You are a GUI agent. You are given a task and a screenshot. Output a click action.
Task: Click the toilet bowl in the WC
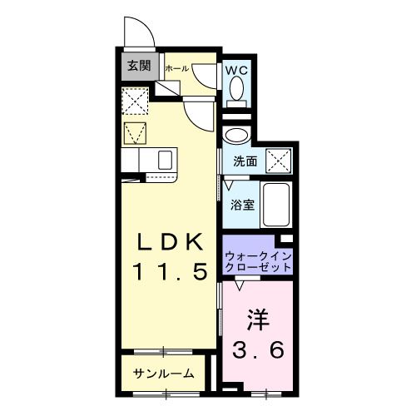pyautogui.click(x=238, y=88)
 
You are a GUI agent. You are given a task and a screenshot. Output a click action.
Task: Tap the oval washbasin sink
pyautogui.click(x=236, y=136)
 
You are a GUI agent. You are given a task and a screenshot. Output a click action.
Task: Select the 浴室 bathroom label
pyautogui.click(x=242, y=202)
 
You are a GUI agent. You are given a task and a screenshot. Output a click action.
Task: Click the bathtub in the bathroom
pyautogui.click(x=275, y=205)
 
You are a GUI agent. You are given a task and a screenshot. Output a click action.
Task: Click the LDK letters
pyautogui.click(x=171, y=241)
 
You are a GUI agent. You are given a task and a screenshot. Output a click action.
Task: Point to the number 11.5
pyautogui.click(x=171, y=272)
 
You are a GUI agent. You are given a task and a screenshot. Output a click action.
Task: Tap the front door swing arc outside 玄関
pyautogui.click(x=138, y=33)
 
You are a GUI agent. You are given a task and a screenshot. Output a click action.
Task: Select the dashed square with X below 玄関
pyautogui.click(x=135, y=102)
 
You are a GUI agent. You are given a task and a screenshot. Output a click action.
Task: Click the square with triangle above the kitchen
pyautogui.click(x=135, y=133)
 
